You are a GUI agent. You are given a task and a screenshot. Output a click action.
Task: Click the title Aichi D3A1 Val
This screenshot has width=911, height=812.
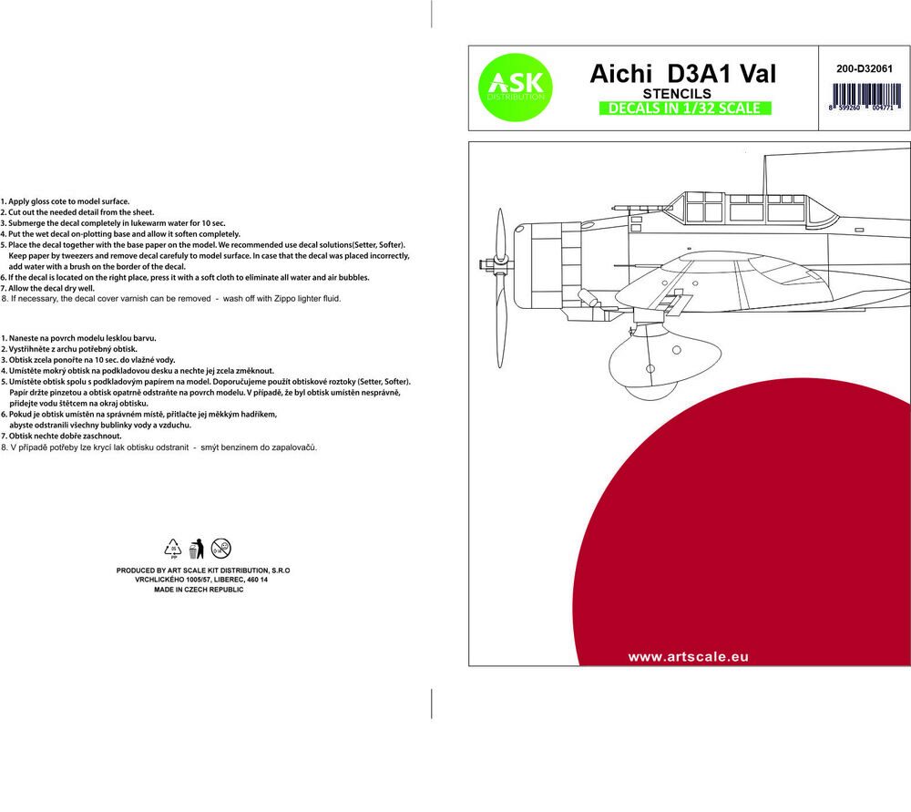click(682, 74)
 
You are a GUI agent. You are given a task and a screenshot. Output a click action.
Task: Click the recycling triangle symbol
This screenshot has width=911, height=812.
click(172, 547)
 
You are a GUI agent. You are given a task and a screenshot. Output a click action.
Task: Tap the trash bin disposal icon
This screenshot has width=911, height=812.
click(194, 548)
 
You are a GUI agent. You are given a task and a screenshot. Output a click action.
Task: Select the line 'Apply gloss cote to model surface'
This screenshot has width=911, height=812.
click(67, 200)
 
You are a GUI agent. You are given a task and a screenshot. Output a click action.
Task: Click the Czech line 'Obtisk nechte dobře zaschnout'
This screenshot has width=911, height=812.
click(65, 436)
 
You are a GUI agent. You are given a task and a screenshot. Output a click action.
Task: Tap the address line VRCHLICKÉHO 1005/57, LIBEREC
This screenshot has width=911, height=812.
click(202, 580)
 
